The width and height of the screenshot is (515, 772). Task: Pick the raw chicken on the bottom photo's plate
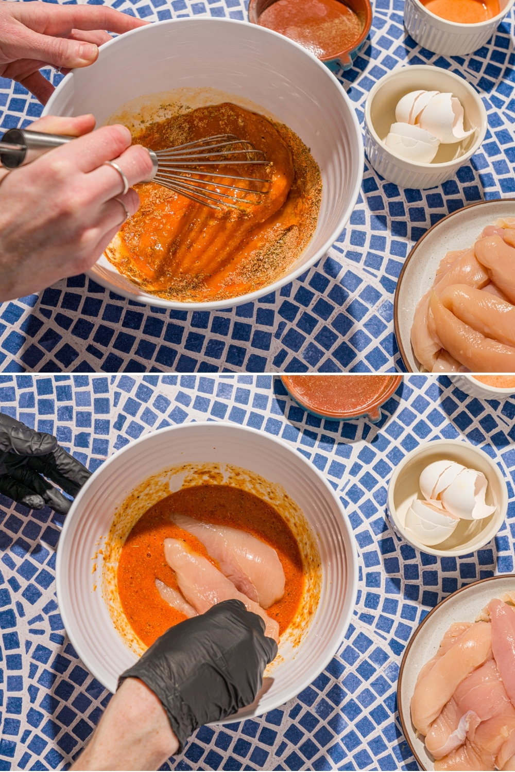[463, 685]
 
